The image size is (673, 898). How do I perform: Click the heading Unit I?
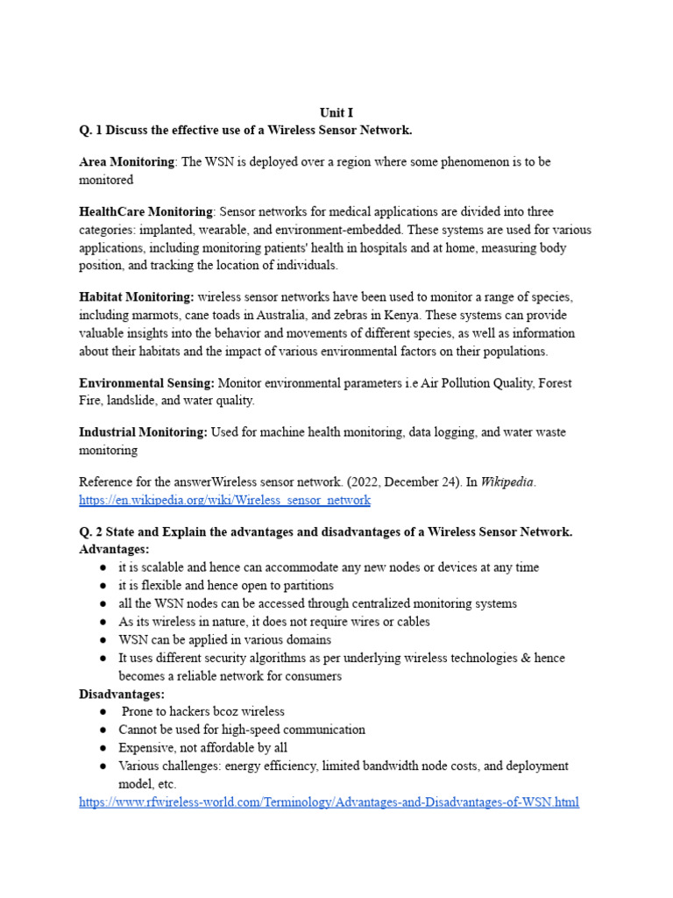pyautogui.click(x=336, y=113)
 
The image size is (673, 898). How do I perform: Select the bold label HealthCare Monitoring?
pyautogui.click(x=145, y=211)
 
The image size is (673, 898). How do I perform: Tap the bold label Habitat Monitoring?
pyautogui.click(x=137, y=297)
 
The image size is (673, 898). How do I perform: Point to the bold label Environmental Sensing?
pyautogui.click(x=146, y=383)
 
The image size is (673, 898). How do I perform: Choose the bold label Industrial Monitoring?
pyautogui.click(x=143, y=432)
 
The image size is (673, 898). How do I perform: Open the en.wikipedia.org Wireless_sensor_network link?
pyautogui.click(x=224, y=500)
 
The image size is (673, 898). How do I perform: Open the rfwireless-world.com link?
pyautogui.click(x=329, y=802)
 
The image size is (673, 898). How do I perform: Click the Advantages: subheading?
pyautogui.click(x=114, y=549)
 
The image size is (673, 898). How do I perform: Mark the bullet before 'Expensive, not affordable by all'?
pyautogui.click(x=103, y=748)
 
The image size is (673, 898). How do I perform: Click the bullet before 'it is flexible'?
pyautogui.click(x=103, y=585)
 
